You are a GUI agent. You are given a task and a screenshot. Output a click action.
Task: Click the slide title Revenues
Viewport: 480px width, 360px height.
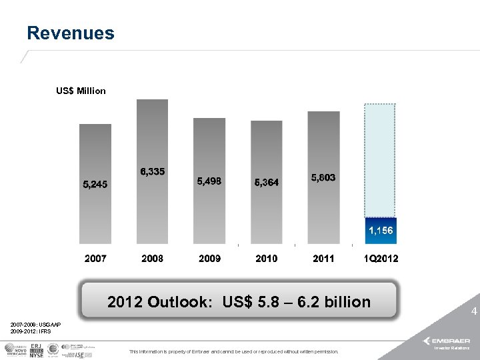tap(71, 33)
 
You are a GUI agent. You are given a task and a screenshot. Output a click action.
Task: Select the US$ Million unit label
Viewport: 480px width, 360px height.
tap(81, 91)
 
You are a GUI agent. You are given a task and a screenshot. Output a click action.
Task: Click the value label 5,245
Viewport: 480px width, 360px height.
tap(95, 183)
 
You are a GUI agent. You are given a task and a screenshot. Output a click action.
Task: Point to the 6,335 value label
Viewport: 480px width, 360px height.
tap(152, 172)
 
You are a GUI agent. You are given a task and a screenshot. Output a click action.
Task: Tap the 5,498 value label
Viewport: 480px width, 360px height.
tap(209, 181)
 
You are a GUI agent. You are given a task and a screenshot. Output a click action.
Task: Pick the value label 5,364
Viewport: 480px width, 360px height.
tap(267, 182)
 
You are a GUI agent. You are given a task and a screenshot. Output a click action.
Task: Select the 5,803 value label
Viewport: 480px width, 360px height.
tap(323, 178)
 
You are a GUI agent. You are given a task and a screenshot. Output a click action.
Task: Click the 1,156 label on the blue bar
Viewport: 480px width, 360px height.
tap(381, 230)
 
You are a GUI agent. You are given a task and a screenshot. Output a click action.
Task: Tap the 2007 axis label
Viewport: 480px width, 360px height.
tap(95, 258)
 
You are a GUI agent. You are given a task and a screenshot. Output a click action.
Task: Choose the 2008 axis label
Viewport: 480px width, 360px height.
tap(152, 258)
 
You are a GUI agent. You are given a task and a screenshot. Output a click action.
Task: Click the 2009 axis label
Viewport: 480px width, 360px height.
tap(209, 258)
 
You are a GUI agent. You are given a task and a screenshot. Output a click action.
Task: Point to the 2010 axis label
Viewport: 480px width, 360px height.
tap(267, 258)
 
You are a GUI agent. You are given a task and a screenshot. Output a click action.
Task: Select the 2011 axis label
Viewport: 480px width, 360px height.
tap(323, 258)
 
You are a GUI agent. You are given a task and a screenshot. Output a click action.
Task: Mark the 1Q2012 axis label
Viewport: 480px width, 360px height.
tap(381, 258)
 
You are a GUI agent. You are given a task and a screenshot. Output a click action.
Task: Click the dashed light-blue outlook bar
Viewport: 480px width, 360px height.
tap(380, 160)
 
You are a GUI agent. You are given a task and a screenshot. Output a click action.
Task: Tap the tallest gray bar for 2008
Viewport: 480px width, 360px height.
tap(152, 133)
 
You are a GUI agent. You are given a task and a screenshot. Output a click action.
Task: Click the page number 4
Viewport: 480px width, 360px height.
tap(474, 311)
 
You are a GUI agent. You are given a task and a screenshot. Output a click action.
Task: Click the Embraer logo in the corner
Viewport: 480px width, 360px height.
tap(451, 341)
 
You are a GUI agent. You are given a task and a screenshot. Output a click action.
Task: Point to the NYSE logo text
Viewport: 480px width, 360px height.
tap(36, 355)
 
